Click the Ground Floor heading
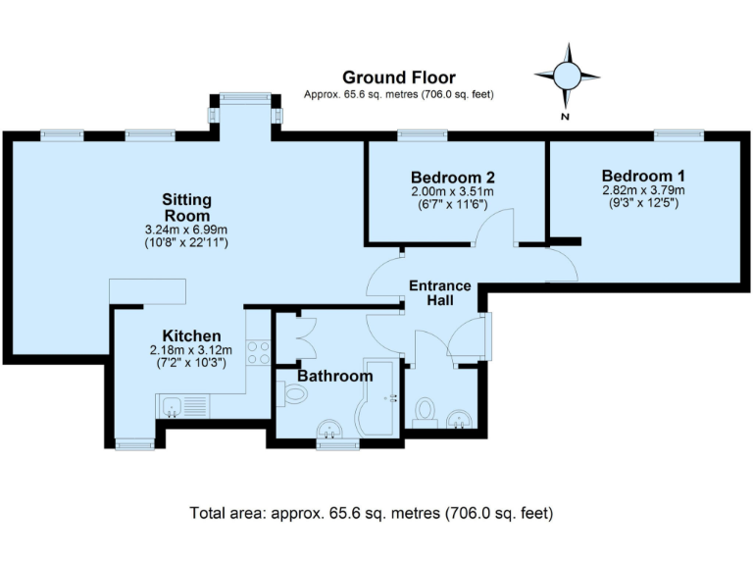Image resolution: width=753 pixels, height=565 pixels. coord(399,77)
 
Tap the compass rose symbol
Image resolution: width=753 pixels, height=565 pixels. coord(567,76)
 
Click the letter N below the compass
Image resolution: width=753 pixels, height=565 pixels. coord(565,117)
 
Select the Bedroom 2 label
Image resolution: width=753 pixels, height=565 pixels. coord(452,178)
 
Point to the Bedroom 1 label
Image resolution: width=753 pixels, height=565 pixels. coord(643,176)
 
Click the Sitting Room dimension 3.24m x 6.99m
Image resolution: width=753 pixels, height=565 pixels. coord(186,230)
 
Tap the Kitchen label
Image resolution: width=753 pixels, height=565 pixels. coord(191,335)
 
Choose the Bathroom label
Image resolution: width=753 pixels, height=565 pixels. coord(335,376)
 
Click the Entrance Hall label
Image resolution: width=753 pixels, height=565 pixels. coord(440,293)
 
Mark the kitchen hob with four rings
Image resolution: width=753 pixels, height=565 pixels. coord(259,352)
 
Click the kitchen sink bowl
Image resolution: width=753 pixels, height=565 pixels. coord(172,407)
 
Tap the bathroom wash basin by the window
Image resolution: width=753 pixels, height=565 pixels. coord(329,429)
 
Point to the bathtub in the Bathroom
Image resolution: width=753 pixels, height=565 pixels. coord(377,398)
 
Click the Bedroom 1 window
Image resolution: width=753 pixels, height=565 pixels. coord(679,135)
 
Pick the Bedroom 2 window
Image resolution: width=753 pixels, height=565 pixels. coord(423,135)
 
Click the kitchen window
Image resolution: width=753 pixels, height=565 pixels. coord(135,444)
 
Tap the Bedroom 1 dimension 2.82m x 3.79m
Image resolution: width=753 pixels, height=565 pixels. coord(643,190)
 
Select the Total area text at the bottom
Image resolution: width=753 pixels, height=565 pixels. coord(372,513)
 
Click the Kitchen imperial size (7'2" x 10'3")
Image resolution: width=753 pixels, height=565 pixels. coord(191,363)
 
